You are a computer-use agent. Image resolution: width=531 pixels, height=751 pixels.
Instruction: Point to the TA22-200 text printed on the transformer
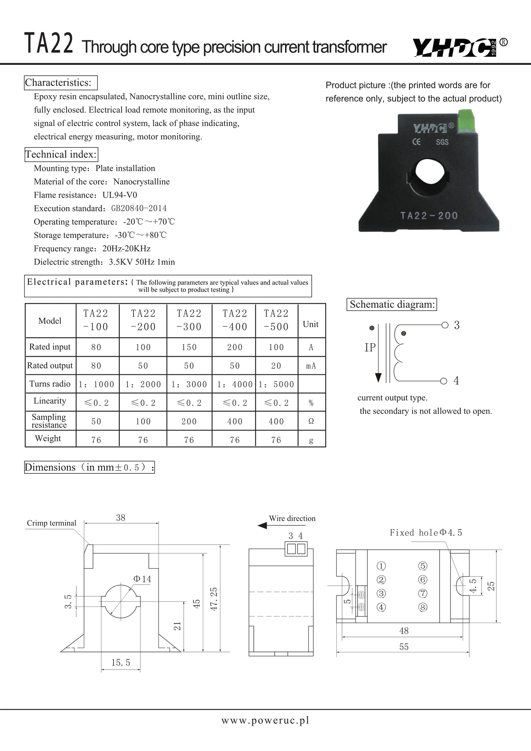pyautogui.click(x=429, y=215)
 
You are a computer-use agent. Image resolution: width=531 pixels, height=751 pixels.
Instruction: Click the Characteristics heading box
pyautogui.click(x=61, y=83)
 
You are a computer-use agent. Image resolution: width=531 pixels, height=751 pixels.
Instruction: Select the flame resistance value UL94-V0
pyautogui.click(x=120, y=195)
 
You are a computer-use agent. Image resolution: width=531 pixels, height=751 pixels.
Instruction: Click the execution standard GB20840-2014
pyautogui.click(x=139, y=209)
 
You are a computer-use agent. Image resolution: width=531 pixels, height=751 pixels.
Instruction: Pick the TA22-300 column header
pyautogui.click(x=189, y=320)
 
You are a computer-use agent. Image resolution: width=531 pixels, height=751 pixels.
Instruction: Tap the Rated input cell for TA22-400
pyautogui.click(x=235, y=347)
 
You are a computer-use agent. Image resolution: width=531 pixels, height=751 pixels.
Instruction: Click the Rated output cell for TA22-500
pyautogui.click(x=276, y=366)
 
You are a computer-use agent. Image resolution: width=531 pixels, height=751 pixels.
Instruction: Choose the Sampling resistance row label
pyautogui.click(x=49, y=421)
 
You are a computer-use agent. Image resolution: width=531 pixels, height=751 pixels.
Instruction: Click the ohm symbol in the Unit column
pyautogui.click(x=311, y=421)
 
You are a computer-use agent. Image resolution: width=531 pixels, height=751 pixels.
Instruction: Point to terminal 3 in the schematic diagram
pyautogui.click(x=456, y=325)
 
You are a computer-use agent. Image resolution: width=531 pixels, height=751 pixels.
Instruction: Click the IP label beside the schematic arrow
pyautogui.click(x=370, y=347)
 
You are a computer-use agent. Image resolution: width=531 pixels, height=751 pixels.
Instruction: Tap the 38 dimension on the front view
pyautogui.click(x=121, y=517)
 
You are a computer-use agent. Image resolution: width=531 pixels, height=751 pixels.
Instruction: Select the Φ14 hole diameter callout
pyautogui.click(x=142, y=579)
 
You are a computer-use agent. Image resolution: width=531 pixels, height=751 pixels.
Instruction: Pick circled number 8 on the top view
pyautogui.click(x=423, y=607)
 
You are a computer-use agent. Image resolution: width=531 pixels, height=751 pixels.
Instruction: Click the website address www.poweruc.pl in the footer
pyautogui.click(x=265, y=721)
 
